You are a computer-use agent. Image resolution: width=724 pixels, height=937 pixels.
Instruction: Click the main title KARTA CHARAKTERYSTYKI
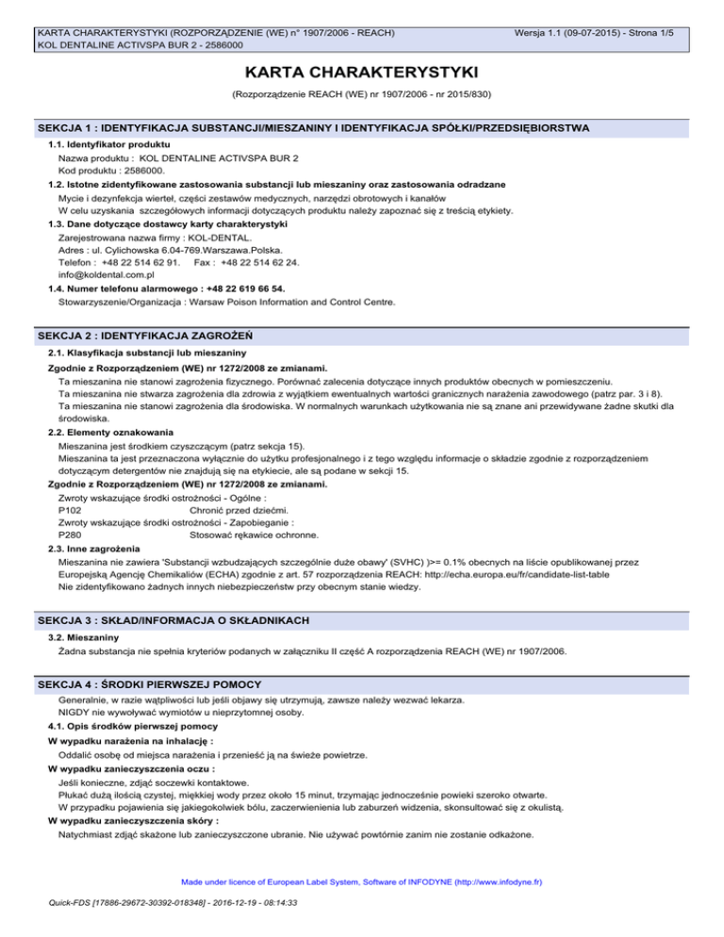361,73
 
